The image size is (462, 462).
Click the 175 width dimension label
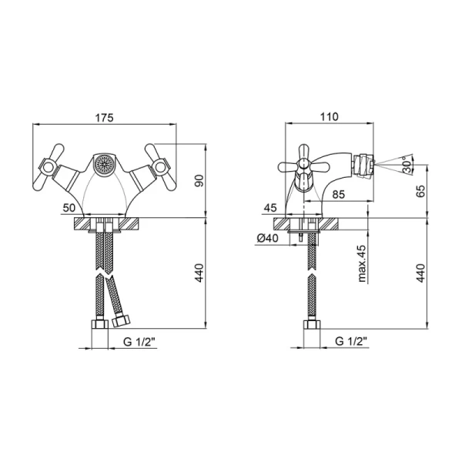[x=104, y=118]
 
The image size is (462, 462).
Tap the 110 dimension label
[x=329, y=117]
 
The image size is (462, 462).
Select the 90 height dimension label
[x=199, y=181]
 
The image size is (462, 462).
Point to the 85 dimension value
[x=338, y=195]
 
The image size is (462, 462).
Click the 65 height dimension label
[x=421, y=191]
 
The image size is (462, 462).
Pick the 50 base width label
[x=69, y=208]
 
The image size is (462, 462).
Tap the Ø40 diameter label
[x=267, y=238]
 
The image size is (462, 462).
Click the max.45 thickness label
[x=363, y=263]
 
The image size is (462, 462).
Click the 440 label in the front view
[x=199, y=273]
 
